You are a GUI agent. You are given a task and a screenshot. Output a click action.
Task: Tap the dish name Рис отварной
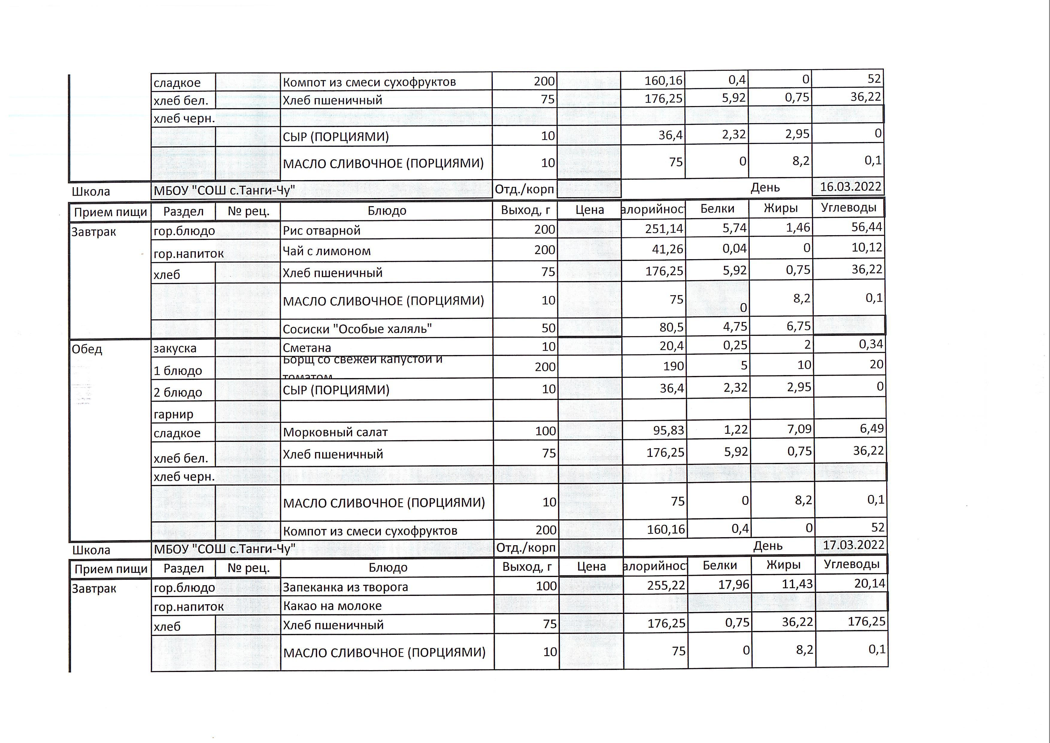322,230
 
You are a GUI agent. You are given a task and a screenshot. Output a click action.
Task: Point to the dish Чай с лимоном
327,251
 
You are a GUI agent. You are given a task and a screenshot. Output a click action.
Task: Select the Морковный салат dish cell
335,432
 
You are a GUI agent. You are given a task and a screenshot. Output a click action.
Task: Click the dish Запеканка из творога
345,587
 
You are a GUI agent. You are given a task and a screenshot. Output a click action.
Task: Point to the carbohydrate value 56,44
866,227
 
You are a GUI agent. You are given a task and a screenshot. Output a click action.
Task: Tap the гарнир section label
173,414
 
